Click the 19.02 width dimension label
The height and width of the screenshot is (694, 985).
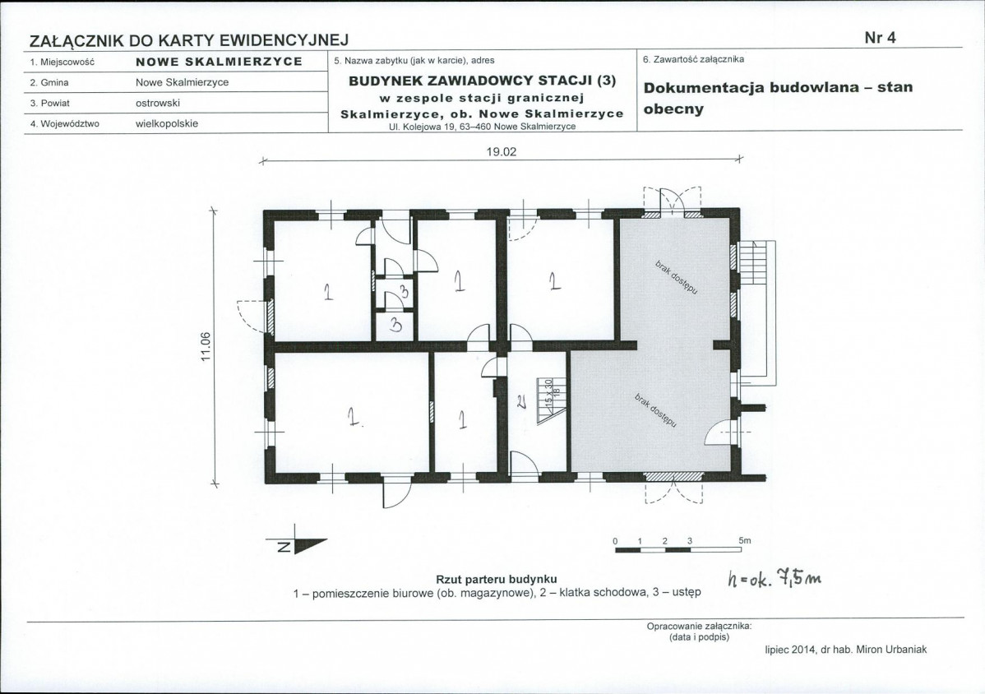click(501, 151)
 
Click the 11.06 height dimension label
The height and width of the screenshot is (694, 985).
click(206, 345)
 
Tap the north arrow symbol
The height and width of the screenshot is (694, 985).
click(298, 545)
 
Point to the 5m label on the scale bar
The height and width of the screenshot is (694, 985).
click(744, 540)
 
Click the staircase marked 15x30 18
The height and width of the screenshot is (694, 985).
click(549, 400)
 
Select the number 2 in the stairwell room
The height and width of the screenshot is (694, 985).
click(521, 402)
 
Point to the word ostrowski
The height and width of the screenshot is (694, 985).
click(158, 103)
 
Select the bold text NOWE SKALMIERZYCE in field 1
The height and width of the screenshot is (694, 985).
click(219, 62)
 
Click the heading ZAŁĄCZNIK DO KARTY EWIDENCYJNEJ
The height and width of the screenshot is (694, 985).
click(189, 39)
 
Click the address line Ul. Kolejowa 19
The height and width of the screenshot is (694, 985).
click(482, 127)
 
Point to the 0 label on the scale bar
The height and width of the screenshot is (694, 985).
click(614, 540)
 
